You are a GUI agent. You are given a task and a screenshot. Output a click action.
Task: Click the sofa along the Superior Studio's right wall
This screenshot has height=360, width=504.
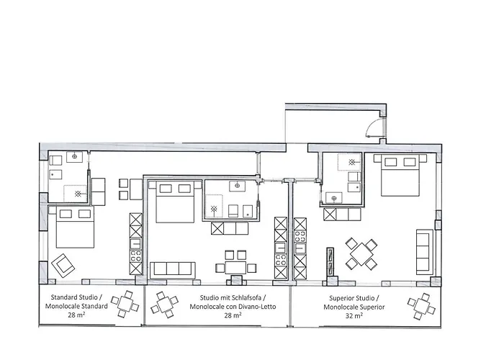point(423,250)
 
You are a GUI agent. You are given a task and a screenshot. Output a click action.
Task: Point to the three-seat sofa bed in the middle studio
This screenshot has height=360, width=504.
point(174,269)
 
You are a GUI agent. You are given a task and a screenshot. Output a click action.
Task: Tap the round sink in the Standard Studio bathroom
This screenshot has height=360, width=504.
point(73,156)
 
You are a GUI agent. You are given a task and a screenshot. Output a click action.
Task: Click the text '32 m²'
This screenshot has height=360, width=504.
point(352,315)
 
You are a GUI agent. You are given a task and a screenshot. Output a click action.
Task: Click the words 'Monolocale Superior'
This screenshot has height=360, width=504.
point(352,307)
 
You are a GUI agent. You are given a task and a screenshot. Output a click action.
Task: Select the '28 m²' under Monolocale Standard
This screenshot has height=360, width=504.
point(76,315)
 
